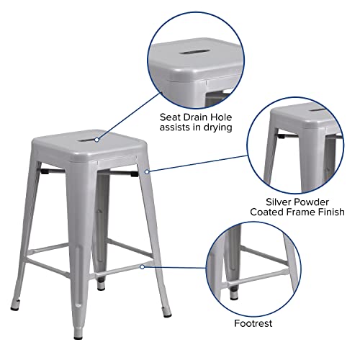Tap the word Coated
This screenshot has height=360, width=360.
266,212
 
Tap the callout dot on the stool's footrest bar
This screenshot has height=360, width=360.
143,266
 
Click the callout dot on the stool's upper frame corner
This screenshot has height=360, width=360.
146,171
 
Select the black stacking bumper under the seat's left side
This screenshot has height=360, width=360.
45,172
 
